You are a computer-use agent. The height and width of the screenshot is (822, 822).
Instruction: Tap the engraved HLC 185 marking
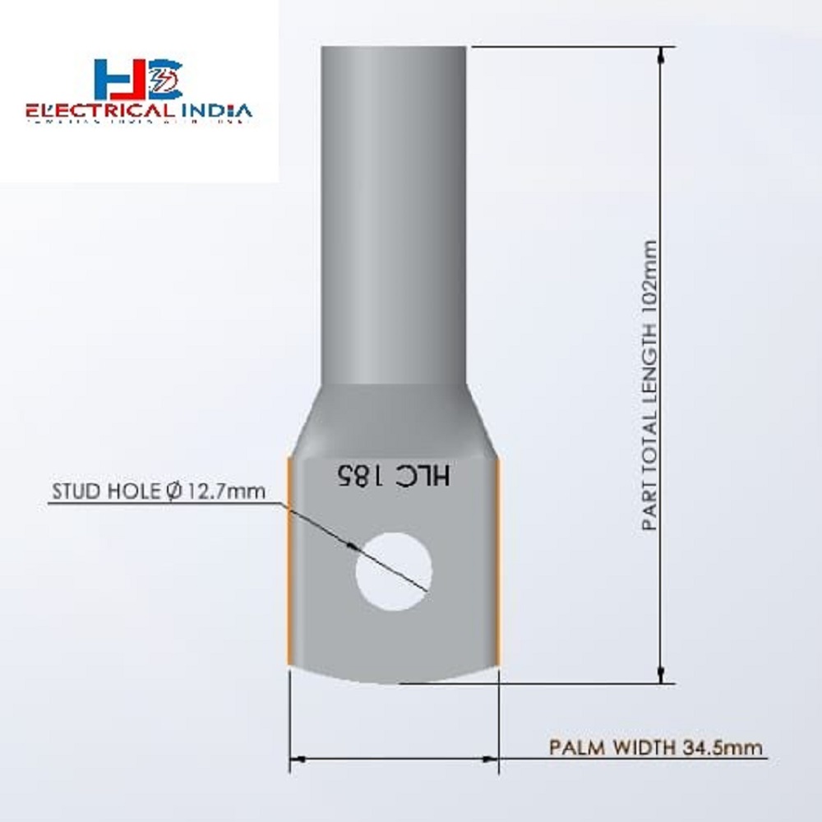click(393, 477)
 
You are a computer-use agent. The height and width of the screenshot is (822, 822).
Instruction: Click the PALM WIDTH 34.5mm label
click(655, 748)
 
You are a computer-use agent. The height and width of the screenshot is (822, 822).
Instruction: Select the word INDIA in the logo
click(215, 110)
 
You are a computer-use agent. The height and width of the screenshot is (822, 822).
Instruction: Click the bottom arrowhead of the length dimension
click(661, 674)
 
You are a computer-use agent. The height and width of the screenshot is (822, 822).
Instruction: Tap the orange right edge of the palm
click(499, 559)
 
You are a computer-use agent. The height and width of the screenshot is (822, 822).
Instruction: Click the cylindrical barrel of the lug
click(395, 205)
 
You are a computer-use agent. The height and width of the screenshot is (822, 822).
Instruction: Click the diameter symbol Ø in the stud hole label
click(173, 492)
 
